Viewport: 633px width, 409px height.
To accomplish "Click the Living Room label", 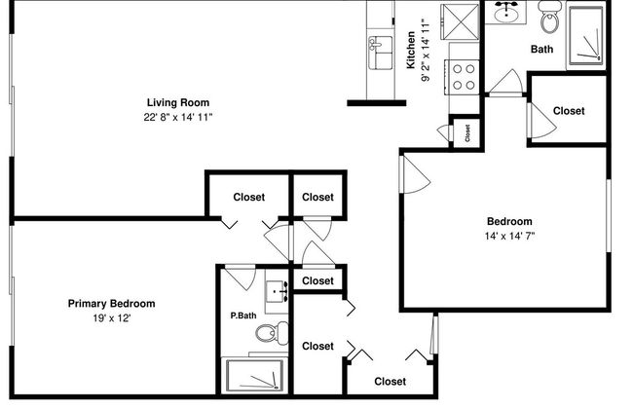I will click(177, 102).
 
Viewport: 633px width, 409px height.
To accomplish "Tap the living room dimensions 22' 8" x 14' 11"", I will click(177, 117).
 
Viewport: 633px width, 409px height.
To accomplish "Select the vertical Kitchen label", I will click(411, 51).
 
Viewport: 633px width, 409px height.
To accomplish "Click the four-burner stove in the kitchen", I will click(464, 77).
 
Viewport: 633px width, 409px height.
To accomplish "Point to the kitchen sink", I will click(378, 49).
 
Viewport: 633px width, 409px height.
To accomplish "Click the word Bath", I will click(542, 50).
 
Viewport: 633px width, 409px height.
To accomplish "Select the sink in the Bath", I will click(505, 13).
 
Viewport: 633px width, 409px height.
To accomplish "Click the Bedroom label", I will click(509, 221).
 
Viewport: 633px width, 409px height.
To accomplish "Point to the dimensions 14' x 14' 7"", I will click(509, 236).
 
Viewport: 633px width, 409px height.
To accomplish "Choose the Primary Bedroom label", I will click(111, 303).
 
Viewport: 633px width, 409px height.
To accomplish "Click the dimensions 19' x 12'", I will click(111, 317).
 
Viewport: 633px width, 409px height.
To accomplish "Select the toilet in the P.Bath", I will click(266, 334).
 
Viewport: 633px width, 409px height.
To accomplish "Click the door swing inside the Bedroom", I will click(413, 173).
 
